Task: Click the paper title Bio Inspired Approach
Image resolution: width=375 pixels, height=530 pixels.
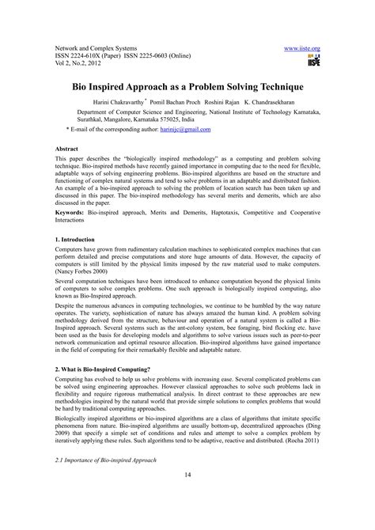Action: pos(187,82)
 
